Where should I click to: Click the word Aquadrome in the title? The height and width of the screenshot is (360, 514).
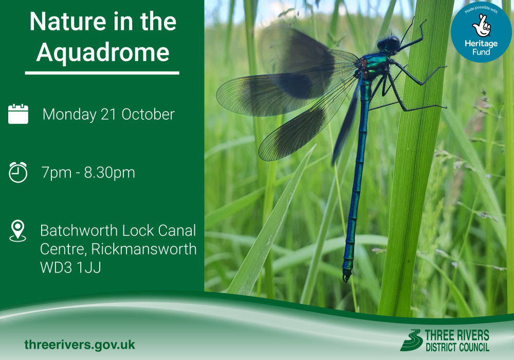pyautogui.click(x=103, y=52)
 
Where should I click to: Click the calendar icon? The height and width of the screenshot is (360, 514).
pyautogui.click(x=19, y=114)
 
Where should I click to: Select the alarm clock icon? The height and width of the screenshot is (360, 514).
pyautogui.click(x=18, y=172)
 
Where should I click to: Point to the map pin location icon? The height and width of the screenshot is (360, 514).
pyautogui.click(x=17, y=231)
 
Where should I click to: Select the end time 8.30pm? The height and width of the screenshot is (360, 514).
pyautogui.click(x=109, y=173)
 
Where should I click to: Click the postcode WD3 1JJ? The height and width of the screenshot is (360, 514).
pyautogui.click(x=70, y=267)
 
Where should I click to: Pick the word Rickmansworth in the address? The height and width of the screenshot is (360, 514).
pyautogui.click(x=144, y=249)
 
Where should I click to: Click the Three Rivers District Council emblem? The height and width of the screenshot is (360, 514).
pyautogui.click(x=411, y=340)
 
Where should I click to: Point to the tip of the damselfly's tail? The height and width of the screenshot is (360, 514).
pyautogui.click(x=346, y=278)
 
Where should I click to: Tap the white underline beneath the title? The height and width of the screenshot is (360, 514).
pyautogui.click(x=102, y=73)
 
